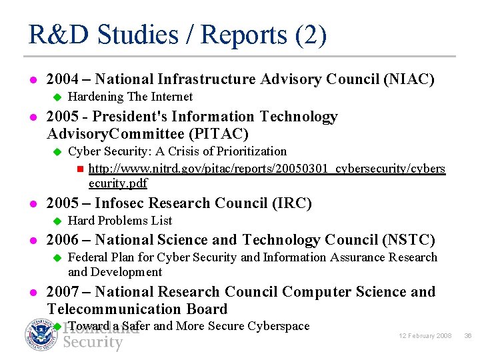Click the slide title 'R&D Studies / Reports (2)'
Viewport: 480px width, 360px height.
[177, 35]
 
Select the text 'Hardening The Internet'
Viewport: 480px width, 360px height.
[131, 97]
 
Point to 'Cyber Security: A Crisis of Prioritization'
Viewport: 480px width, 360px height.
[177, 151]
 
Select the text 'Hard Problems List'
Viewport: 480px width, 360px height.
[120, 221]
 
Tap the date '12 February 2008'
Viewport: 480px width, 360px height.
[426, 336]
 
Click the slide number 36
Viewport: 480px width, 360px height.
[468, 336]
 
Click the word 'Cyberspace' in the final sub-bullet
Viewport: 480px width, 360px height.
[278, 326]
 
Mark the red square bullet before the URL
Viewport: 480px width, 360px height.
[79, 169]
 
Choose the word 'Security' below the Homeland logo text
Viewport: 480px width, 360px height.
[93, 343]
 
